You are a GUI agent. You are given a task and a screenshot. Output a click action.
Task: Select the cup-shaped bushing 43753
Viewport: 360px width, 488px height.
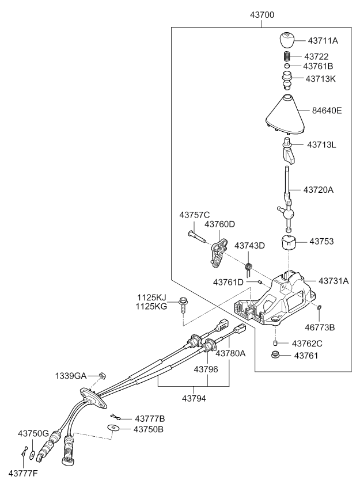(289, 242)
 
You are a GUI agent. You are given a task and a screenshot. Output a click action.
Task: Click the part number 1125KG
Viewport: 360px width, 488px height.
(151, 307)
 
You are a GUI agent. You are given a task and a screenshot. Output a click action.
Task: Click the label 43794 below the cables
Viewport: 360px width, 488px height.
(195, 397)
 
